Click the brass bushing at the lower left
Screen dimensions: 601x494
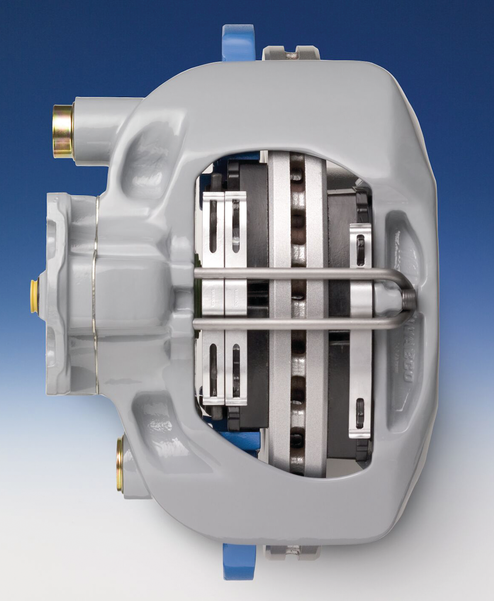click(x=120, y=464)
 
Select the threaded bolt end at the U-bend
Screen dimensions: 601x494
click(x=408, y=298)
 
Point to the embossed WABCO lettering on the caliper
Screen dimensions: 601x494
click(x=405, y=350)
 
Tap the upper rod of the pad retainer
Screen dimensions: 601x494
click(x=288, y=273)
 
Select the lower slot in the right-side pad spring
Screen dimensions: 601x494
click(x=360, y=413)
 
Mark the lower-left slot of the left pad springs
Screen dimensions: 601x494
click(x=213, y=369)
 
